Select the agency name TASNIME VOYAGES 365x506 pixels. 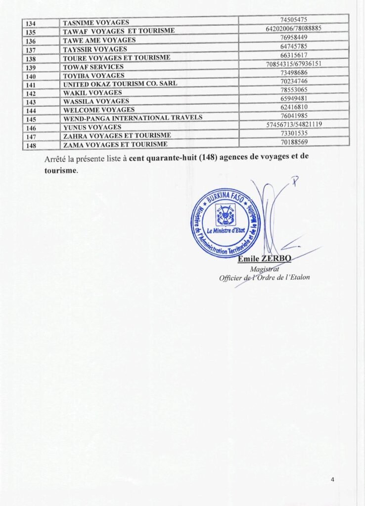click(96, 22)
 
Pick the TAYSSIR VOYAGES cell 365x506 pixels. click(95, 49)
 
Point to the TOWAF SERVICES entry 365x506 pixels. click(93, 67)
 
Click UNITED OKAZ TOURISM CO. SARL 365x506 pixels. click(120, 84)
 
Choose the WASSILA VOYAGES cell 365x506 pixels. click(96, 101)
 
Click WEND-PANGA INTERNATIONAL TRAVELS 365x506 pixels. click(133, 118)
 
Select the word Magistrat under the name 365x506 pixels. click(265, 269)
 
